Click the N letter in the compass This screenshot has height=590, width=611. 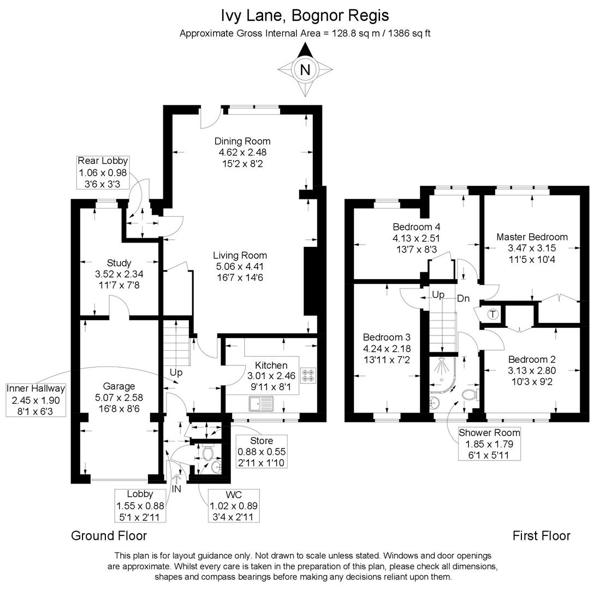tap(305, 69)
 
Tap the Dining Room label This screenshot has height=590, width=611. tap(242, 141)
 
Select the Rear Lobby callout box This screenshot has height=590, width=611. tap(103, 172)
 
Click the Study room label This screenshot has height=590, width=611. tap(118, 263)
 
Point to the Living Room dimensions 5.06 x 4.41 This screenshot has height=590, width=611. tap(240, 267)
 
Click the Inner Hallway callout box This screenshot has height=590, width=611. tap(35, 399)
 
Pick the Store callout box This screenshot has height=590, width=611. tap(262, 451)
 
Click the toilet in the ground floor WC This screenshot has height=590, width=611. tap(207, 452)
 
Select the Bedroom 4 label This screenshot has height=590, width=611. tap(416, 227)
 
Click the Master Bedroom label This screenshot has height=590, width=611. tap(531, 237)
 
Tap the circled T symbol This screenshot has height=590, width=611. tap(493, 314)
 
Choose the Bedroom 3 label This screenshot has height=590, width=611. tap(387, 338)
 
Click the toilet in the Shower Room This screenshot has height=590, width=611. tap(470, 394)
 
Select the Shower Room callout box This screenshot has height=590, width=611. tap(489, 443)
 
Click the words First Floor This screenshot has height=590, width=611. tap(541, 536)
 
